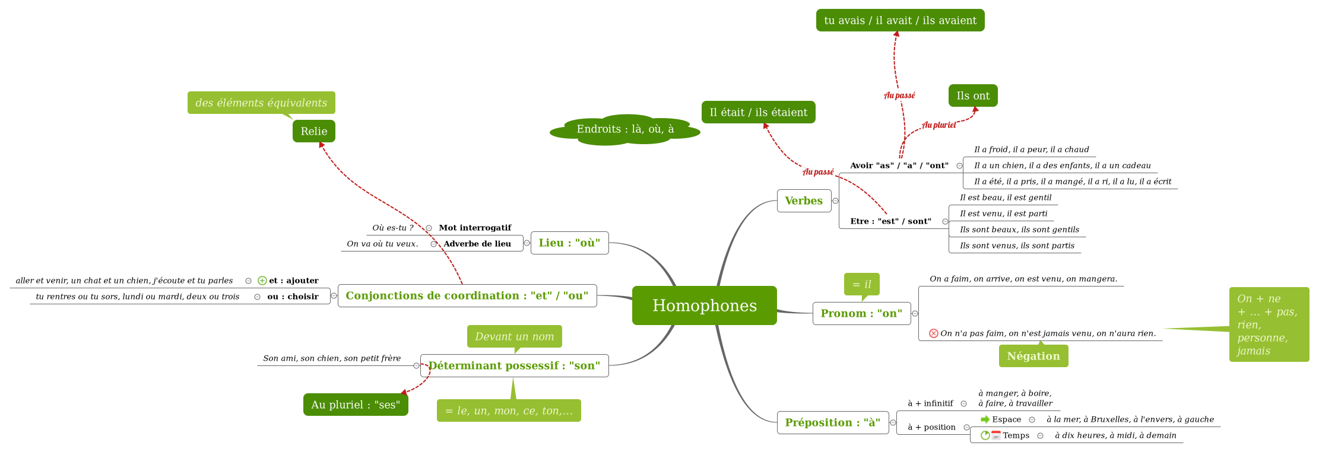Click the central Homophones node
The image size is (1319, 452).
(x=704, y=305)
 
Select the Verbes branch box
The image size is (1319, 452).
(x=804, y=200)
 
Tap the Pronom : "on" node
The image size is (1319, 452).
(x=861, y=313)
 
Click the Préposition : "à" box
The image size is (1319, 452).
(x=832, y=422)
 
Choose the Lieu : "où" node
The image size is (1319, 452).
(x=569, y=243)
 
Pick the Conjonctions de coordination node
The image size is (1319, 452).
(x=467, y=295)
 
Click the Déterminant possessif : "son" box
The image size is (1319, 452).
(x=514, y=365)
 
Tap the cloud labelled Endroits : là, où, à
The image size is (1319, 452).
(x=624, y=129)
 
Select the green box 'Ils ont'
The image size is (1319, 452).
(x=972, y=96)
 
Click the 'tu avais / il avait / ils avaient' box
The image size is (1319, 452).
(x=900, y=20)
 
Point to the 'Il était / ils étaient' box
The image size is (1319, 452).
(x=758, y=112)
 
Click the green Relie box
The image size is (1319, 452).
(x=313, y=131)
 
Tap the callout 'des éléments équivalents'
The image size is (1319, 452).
(x=261, y=103)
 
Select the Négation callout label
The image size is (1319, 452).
(x=1033, y=356)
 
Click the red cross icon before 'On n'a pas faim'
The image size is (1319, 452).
(x=933, y=333)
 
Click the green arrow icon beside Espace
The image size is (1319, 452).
(x=985, y=419)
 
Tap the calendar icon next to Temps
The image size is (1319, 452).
(x=996, y=435)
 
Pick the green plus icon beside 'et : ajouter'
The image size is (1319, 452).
(x=262, y=281)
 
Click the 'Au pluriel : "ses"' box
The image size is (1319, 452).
(x=356, y=405)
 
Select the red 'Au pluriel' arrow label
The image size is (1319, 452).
(x=938, y=125)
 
